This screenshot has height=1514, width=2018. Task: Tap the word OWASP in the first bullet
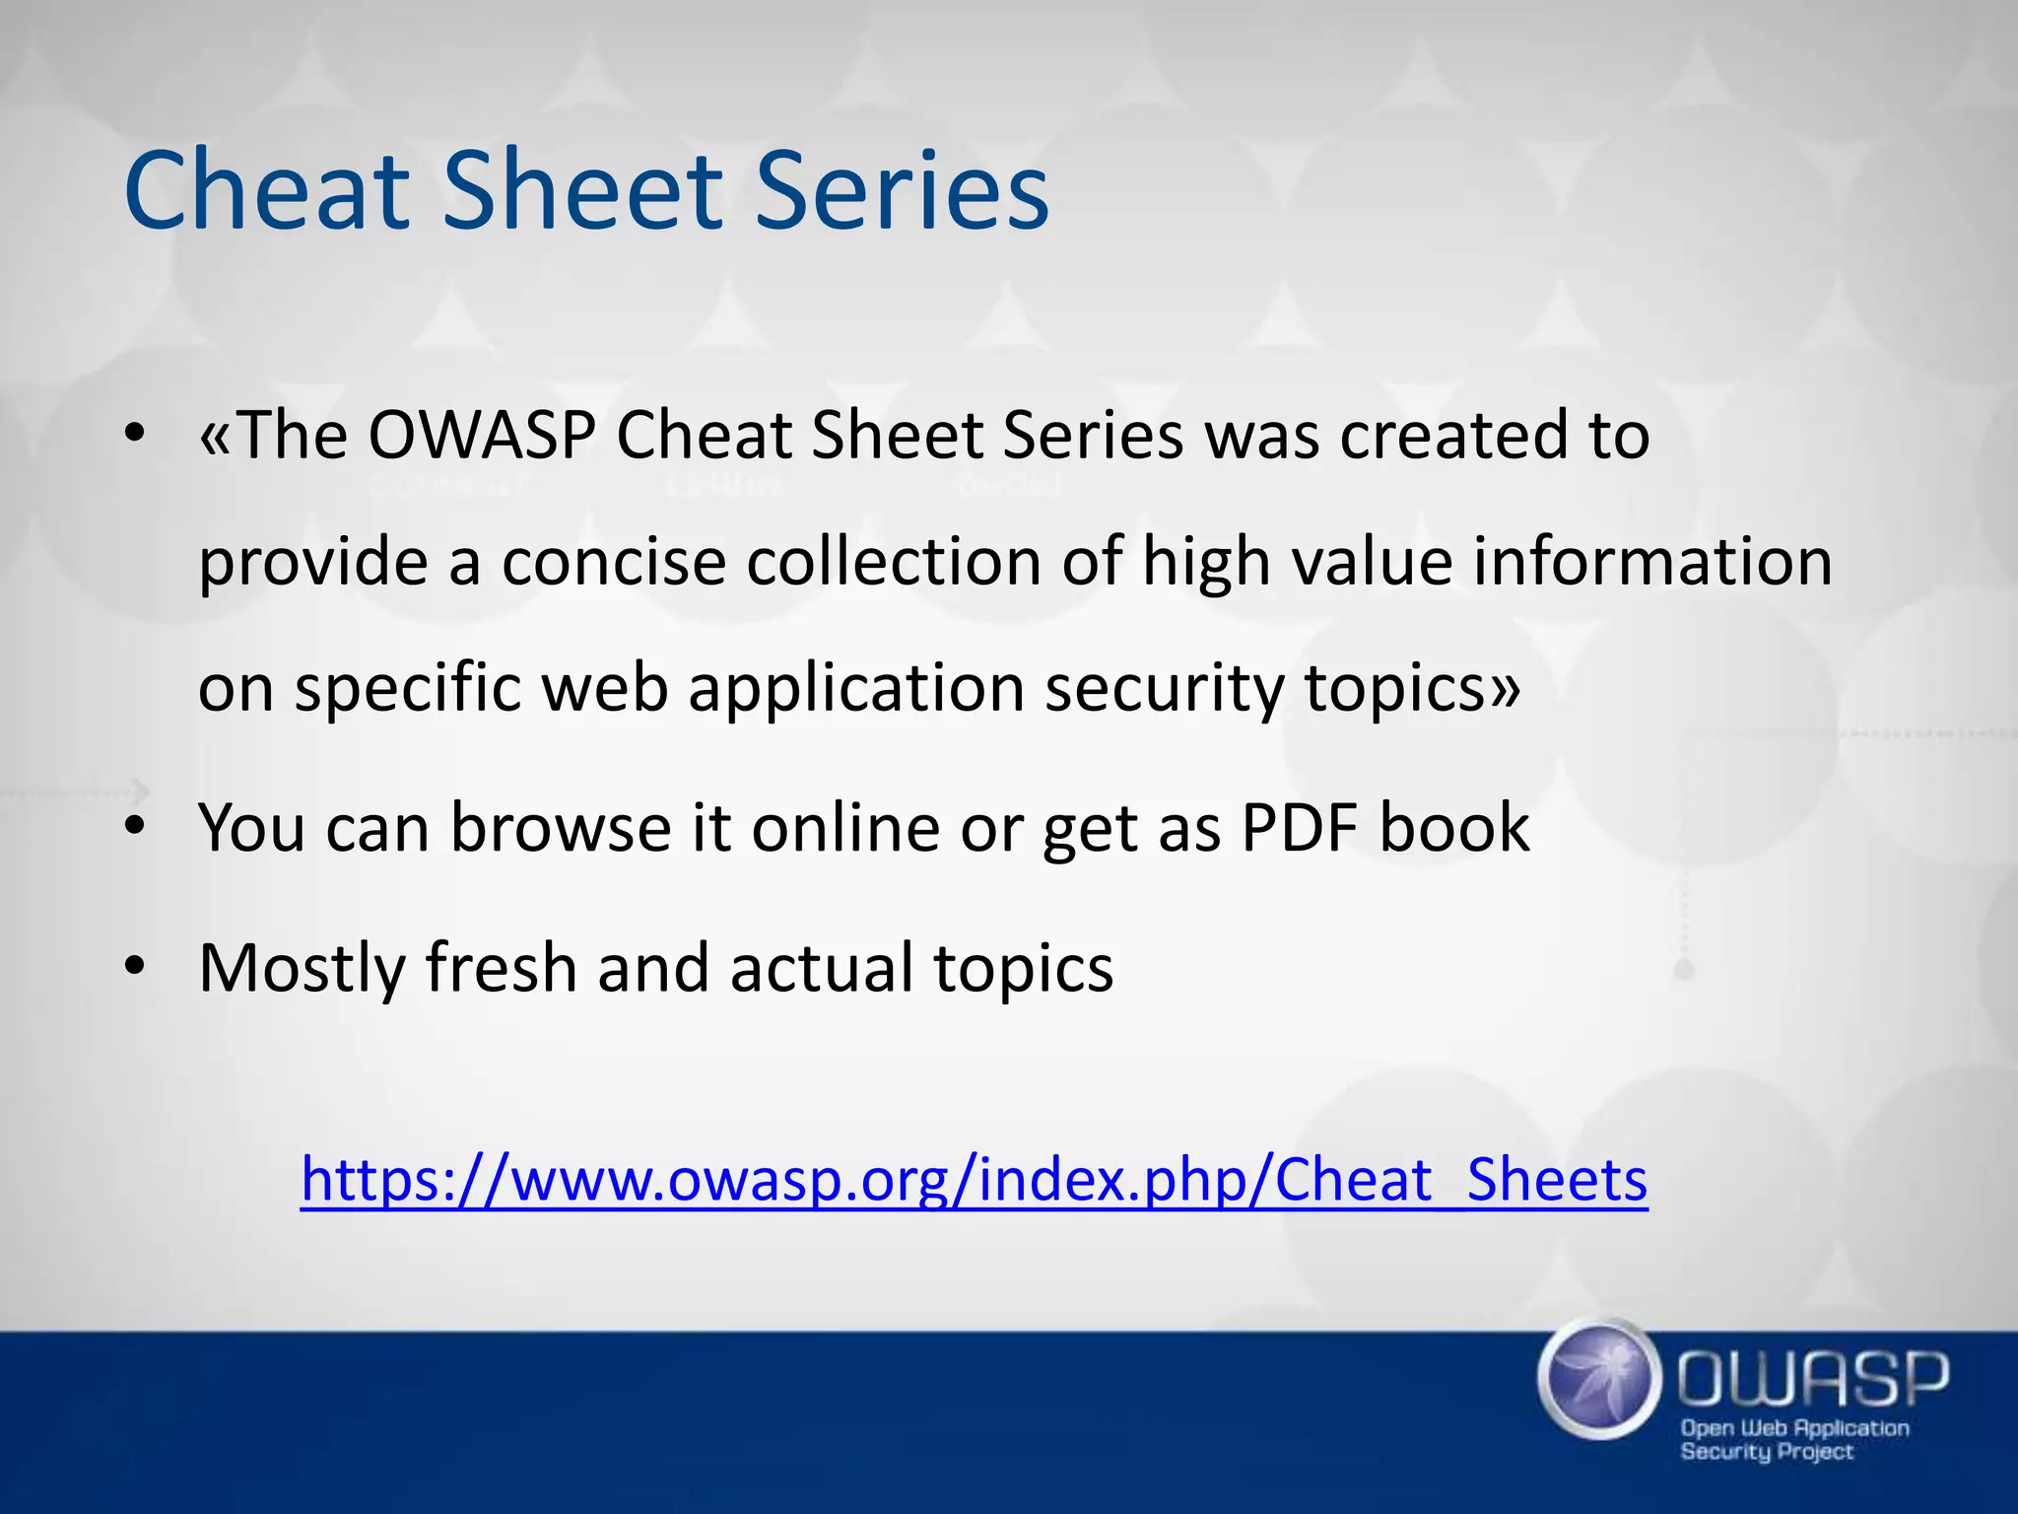483,435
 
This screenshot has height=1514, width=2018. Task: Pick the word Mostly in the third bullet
302,968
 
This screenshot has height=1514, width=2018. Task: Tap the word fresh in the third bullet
501,968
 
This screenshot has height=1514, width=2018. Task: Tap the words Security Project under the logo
1766,1452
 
